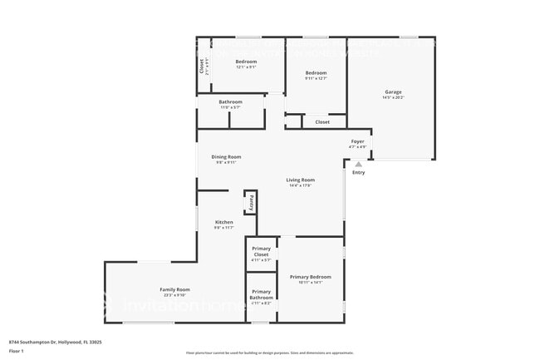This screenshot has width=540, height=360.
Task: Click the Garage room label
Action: pos(393,91)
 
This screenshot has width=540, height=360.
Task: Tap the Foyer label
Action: pos(358,141)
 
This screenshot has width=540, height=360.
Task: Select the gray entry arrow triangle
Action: pos(359,165)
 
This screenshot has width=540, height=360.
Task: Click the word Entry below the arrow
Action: pos(358,173)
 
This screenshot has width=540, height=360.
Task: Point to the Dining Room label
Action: pos(226,156)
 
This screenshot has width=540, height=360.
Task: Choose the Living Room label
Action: pos(301,180)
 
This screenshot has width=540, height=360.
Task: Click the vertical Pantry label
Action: pos(249,202)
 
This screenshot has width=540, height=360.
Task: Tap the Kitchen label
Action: pos(224,222)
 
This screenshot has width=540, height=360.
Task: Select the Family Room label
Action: pos(175,289)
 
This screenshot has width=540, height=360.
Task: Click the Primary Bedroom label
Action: pos(311,277)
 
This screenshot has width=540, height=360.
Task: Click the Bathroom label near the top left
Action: pos(230,102)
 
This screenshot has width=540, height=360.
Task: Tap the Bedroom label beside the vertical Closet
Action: pos(246,62)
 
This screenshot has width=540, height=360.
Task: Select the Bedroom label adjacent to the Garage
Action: pos(316,73)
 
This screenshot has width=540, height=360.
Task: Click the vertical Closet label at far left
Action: pos(201,64)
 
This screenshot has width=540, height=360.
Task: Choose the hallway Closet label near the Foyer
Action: pos(322,122)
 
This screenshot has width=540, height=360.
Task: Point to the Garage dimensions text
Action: pos(393,98)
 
